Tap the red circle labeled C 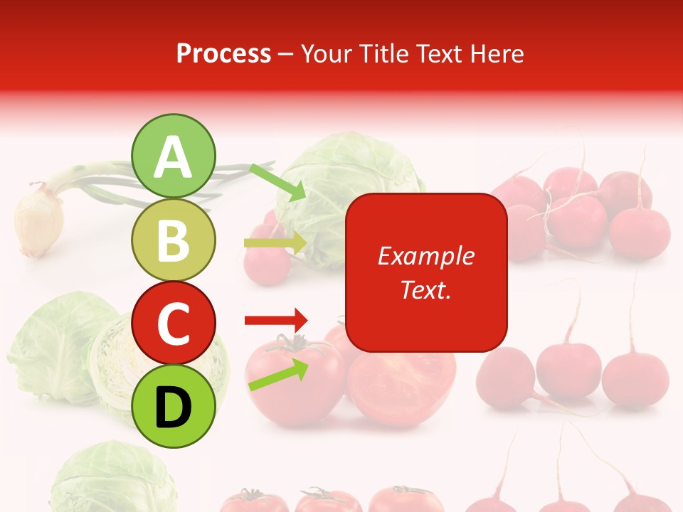pyautogui.click(x=173, y=323)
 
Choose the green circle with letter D pyautogui.click(x=173, y=406)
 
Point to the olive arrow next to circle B pyautogui.click(x=275, y=243)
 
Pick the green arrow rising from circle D pyautogui.click(x=278, y=375)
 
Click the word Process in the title pyautogui.click(x=223, y=53)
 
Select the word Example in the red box pyautogui.click(x=425, y=256)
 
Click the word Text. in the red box pyautogui.click(x=425, y=289)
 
